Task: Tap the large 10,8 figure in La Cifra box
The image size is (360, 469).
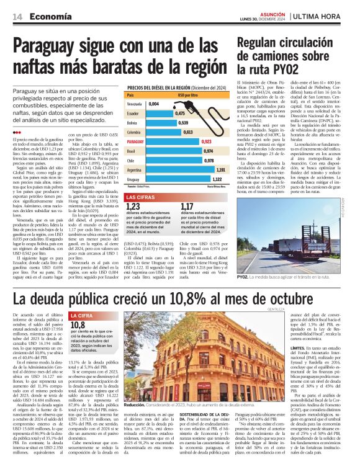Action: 78,324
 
